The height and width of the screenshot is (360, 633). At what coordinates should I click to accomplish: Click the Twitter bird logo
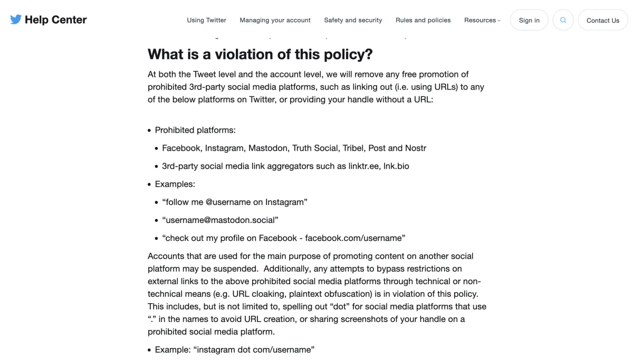[16, 20]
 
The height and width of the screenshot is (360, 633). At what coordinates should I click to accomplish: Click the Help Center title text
[55, 20]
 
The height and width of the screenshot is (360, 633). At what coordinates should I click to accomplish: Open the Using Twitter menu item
[206, 20]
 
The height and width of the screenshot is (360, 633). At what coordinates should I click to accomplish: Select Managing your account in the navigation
[275, 20]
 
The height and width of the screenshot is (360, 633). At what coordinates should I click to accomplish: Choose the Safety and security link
[353, 20]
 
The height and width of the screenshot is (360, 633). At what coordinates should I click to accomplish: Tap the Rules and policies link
[423, 20]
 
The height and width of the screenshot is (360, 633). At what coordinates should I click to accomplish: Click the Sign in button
[529, 21]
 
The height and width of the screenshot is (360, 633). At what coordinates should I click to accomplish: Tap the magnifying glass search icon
[563, 21]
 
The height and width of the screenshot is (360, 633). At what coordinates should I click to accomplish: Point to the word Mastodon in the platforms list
[268, 148]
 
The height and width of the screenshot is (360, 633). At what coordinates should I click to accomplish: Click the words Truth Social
[315, 148]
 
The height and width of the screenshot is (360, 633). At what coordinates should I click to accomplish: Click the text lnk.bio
[396, 166]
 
